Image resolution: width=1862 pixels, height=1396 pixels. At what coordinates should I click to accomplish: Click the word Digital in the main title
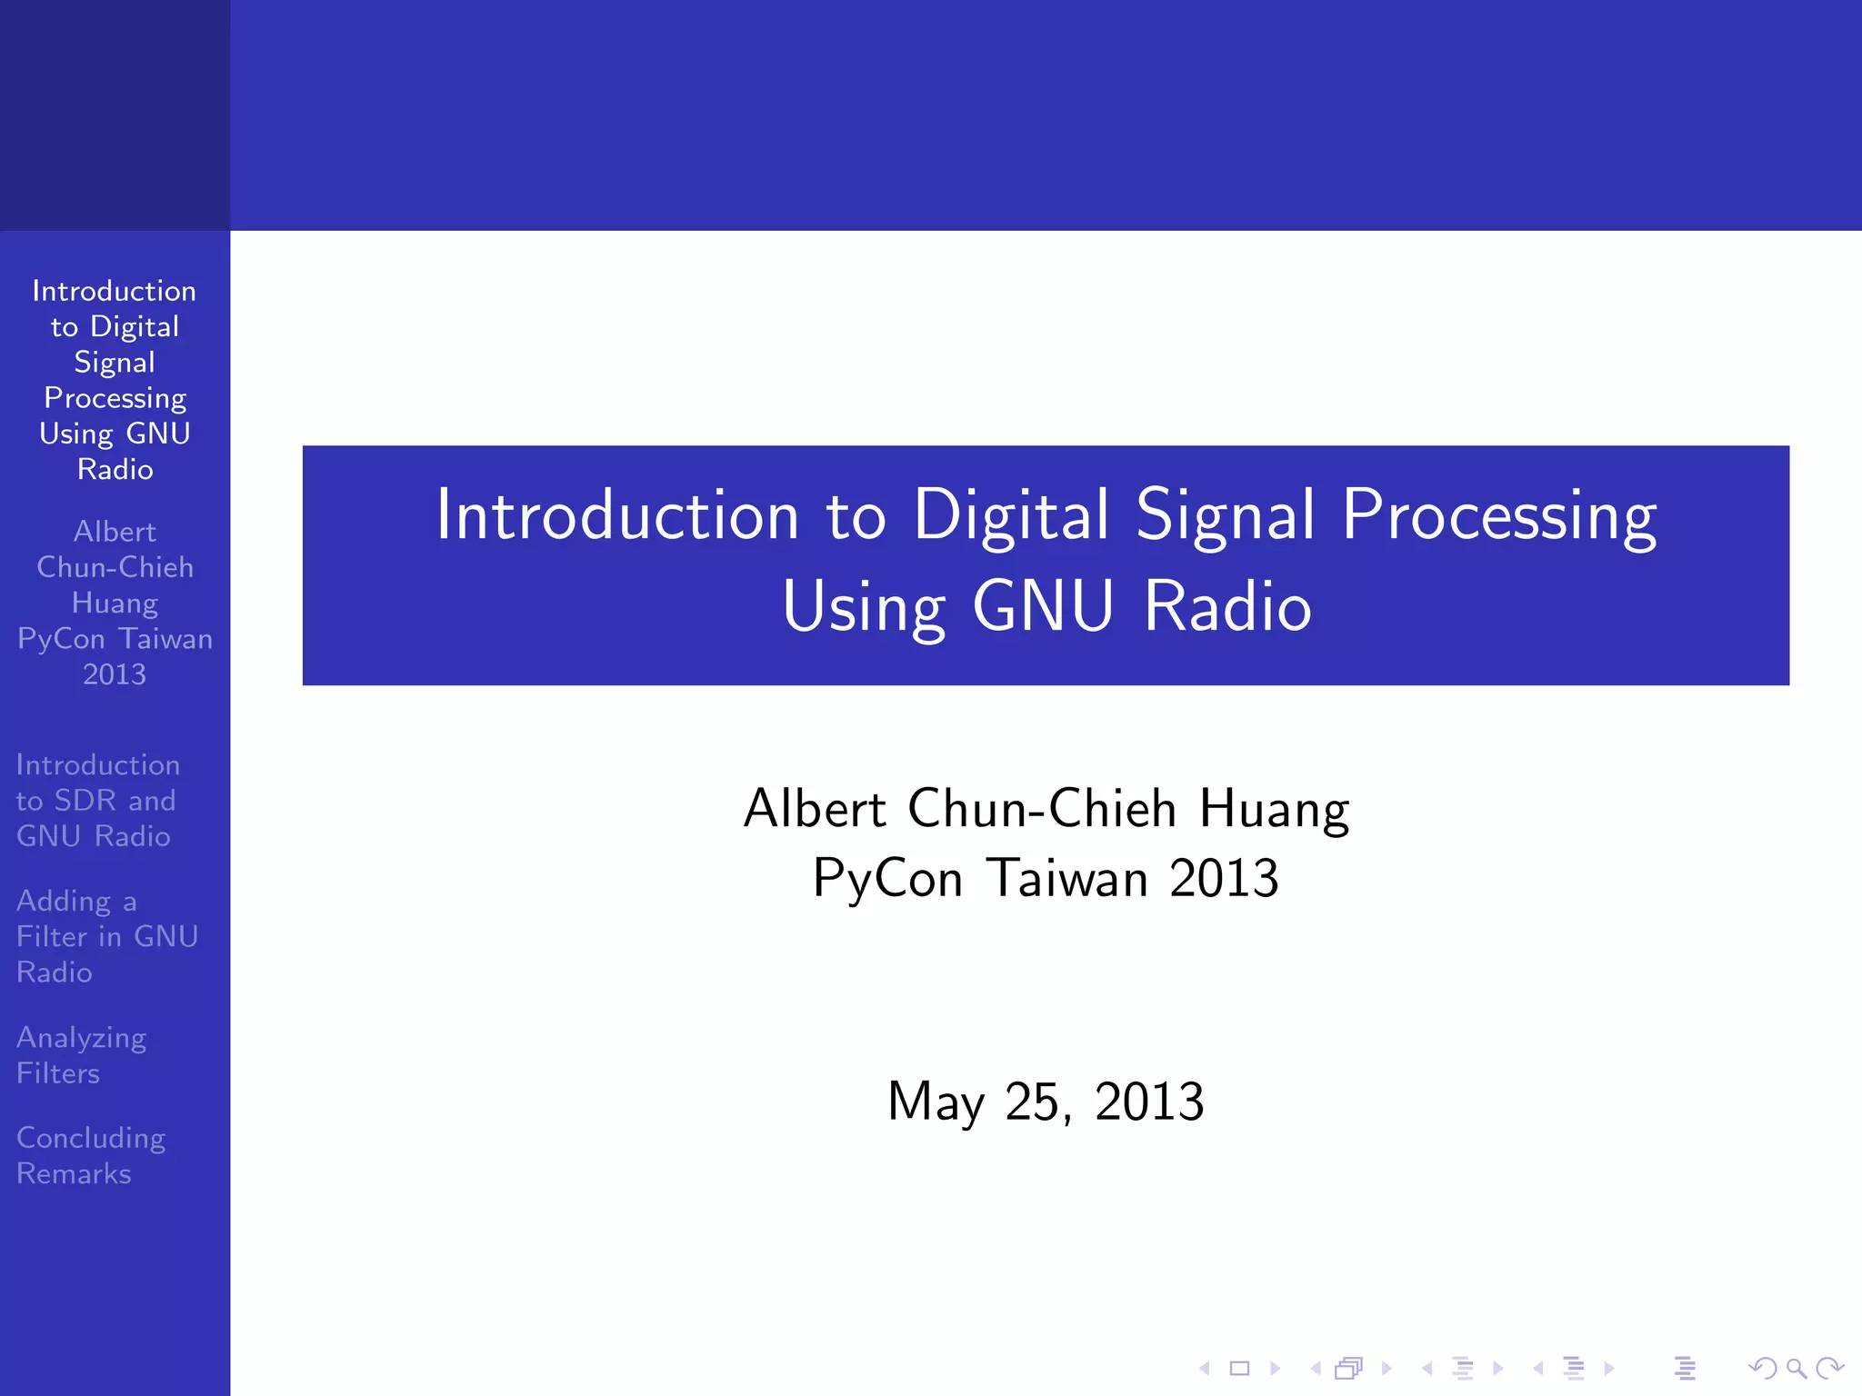(1011, 515)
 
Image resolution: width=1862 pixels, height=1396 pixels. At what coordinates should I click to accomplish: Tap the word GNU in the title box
(1043, 606)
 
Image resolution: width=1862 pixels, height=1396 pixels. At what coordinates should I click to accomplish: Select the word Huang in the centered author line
(1274, 808)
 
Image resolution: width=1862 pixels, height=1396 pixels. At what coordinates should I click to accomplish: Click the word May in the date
(936, 1102)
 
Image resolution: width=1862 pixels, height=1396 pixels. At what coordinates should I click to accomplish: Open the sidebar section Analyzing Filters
(81, 1055)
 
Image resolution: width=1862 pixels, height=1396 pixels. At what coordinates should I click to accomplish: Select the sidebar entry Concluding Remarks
(90, 1155)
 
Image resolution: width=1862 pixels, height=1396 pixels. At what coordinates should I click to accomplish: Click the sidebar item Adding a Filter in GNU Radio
(106, 936)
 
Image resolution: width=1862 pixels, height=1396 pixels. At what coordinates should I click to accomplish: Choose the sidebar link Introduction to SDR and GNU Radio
(97, 800)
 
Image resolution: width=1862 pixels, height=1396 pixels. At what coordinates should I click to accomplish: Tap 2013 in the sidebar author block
(115, 674)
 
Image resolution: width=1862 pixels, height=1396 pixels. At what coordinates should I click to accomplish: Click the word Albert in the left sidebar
(115, 532)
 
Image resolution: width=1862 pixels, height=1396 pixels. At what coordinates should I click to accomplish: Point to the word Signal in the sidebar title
(115, 363)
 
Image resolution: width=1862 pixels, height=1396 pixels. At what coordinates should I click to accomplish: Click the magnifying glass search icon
(1796, 1368)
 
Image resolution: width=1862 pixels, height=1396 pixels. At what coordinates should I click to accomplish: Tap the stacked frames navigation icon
(1349, 1368)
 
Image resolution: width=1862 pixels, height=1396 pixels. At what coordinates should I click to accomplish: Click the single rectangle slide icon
(1239, 1368)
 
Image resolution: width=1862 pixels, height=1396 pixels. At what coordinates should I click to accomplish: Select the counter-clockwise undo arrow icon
(1762, 1368)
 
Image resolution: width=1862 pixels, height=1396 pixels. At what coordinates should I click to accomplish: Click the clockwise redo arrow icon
(1829, 1368)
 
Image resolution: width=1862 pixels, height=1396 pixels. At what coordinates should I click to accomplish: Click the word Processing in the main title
(1499, 515)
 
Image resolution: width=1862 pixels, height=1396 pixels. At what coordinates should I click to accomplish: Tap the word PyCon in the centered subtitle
(887, 878)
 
